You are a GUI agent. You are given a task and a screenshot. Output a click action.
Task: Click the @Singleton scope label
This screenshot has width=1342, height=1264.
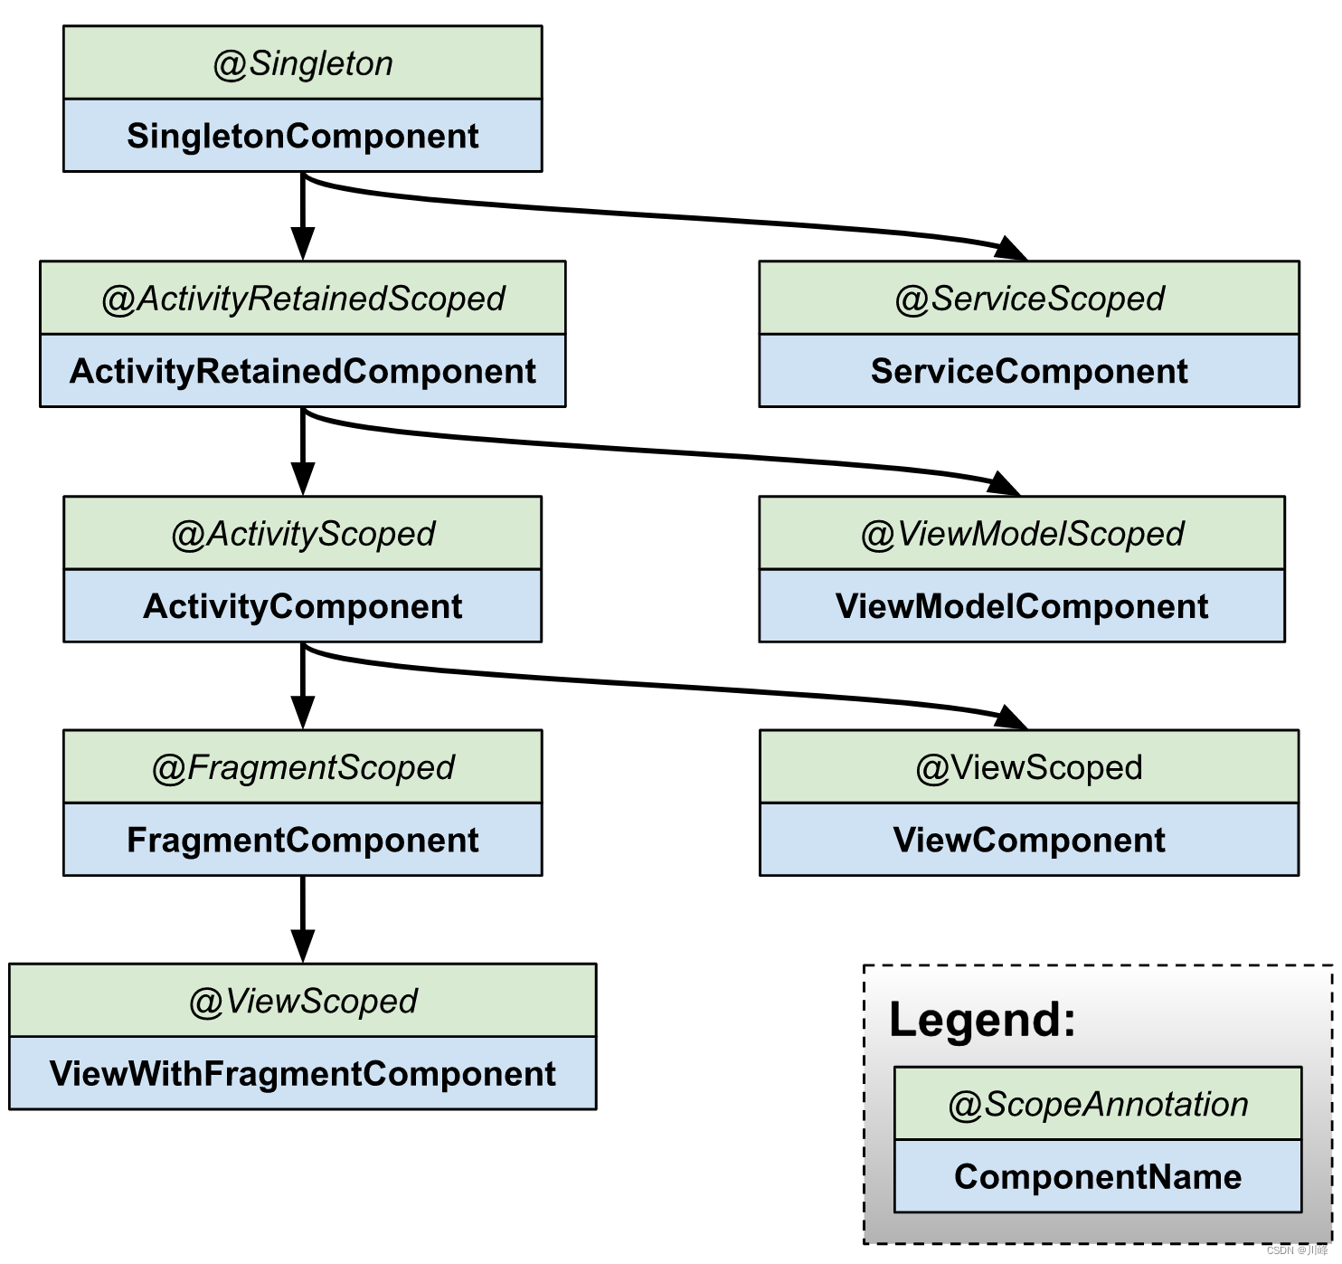[x=303, y=64]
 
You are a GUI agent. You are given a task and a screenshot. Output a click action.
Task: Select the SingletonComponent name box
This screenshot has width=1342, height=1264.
[x=303, y=135]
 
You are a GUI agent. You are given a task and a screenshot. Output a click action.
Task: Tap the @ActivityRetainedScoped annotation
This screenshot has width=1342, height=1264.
[x=303, y=299]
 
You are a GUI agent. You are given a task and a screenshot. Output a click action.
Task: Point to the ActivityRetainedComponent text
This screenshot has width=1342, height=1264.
[x=303, y=371]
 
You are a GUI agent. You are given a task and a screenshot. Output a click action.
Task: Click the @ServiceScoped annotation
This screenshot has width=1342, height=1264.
[x=1029, y=299]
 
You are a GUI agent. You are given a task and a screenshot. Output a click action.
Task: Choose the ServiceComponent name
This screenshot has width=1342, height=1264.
[x=1029, y=371]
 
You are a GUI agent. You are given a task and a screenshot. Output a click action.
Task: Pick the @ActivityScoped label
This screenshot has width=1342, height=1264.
[x=303, y=534]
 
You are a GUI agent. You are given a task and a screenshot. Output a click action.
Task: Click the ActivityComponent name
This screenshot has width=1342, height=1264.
[x=303, y=606]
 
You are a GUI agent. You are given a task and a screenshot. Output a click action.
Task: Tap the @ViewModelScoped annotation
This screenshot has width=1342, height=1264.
[x=1022, y=534]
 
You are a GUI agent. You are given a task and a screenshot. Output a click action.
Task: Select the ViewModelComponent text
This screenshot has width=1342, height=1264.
[x=1022, y=606]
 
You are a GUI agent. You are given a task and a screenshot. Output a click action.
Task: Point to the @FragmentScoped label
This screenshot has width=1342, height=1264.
[x=303, y=768]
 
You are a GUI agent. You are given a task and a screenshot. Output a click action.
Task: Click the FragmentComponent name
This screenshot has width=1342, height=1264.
[x=303, y=840]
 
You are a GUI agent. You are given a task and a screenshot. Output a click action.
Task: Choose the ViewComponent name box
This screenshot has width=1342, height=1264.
[x=1029, y=840]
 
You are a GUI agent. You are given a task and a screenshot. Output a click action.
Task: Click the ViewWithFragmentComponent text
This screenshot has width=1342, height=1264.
[x=303, y=1074]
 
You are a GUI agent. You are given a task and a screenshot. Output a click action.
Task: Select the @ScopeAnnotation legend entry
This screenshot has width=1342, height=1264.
[x=1098, y=1105]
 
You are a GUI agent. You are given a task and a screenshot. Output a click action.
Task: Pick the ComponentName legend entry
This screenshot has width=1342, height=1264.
[x=1098, y=1177]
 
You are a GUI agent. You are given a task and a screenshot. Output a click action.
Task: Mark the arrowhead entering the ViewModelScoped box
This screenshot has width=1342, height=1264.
[x=1004, y=483]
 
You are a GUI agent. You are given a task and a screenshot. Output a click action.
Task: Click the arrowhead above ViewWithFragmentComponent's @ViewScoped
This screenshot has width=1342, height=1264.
[x=303, y=946]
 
